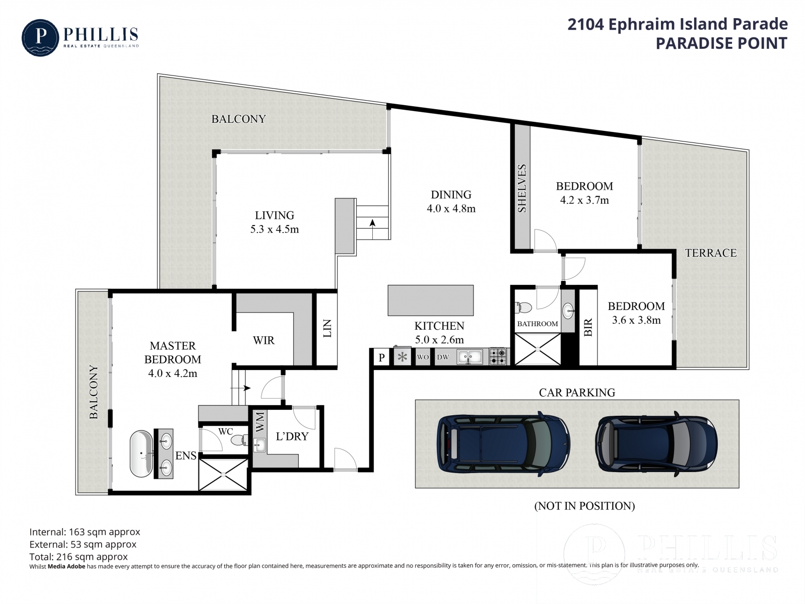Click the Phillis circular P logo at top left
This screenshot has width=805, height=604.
(x=40, y=38)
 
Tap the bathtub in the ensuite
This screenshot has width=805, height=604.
(x=142, y=454)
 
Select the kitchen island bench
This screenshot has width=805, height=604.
(x=431, y=300)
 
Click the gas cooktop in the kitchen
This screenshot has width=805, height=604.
(x=498, y=356)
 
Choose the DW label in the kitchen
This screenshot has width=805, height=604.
(x=443, y=357)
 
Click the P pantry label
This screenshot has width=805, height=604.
(x=381, y=357)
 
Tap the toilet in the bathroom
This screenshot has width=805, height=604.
(x=523, y=308)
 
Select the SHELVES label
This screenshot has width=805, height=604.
(x=521, y=188)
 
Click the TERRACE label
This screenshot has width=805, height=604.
(x=711, y=253)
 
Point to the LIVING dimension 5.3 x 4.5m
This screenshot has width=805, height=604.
(x=275, y=230)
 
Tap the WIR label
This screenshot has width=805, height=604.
(x=263, y=340)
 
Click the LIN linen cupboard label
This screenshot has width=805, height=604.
(x=327, y=328)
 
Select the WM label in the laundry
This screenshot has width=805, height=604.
(x=259, y=422)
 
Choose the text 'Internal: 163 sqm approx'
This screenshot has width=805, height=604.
(x=85, y=532)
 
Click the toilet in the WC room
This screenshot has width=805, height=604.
(x=240, y=439)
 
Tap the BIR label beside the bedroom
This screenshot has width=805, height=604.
(x=588, y=327)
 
